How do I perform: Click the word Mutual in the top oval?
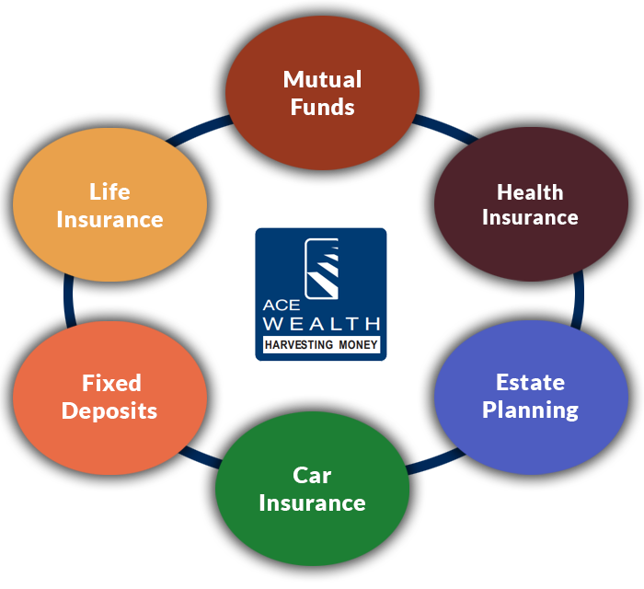pos(322,79)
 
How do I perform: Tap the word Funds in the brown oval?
pos(322,107)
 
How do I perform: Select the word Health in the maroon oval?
pos(530,192)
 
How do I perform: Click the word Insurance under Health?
pos(530,218)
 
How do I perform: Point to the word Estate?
pos(530,382)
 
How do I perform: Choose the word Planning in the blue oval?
pos(530,410)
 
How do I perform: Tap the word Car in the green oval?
pos(312,476)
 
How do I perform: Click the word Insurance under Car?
pos(312,503)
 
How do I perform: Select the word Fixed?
pos(111,383)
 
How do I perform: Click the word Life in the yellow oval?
pos(109,192)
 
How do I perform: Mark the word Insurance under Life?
pos(109,220)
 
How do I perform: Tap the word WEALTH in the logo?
pos(321,324)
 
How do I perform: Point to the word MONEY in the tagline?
pos(358,346)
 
